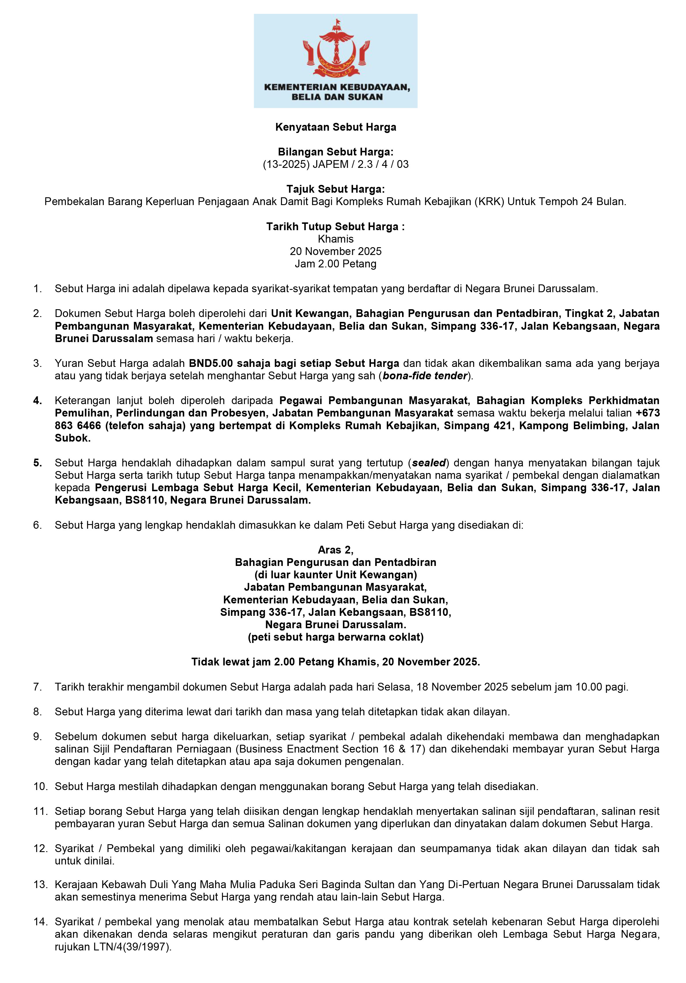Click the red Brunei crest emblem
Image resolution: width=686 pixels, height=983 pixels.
point(336,50)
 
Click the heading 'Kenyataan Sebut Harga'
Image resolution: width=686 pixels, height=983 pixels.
point(336,127)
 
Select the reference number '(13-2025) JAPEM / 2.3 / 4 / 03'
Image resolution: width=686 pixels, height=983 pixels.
point(336,164)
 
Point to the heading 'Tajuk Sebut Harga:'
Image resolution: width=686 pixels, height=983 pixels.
point(336,189)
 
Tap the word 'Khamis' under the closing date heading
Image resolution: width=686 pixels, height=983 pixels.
point(336,239)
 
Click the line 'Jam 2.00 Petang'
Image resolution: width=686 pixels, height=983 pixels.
point(336,264)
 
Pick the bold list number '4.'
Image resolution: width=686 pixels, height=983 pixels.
point(38,401)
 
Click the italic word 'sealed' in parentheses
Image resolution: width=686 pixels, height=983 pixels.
point(429,463)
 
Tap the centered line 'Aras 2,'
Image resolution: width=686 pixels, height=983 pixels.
point(336,550)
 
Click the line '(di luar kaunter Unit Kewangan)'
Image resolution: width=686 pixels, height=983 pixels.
point(336,575)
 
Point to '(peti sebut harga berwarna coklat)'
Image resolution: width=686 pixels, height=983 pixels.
point(336,637)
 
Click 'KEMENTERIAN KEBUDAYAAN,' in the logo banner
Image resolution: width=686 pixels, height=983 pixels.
point(337,87)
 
